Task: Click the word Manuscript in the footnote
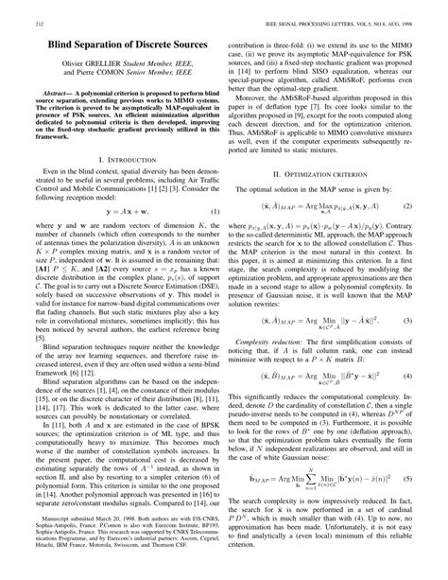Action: pyautogui.click(x=43, y=525)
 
